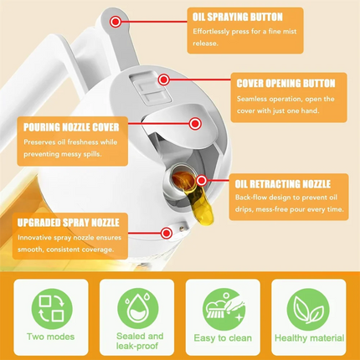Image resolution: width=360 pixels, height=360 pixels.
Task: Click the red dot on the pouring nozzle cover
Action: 194,123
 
